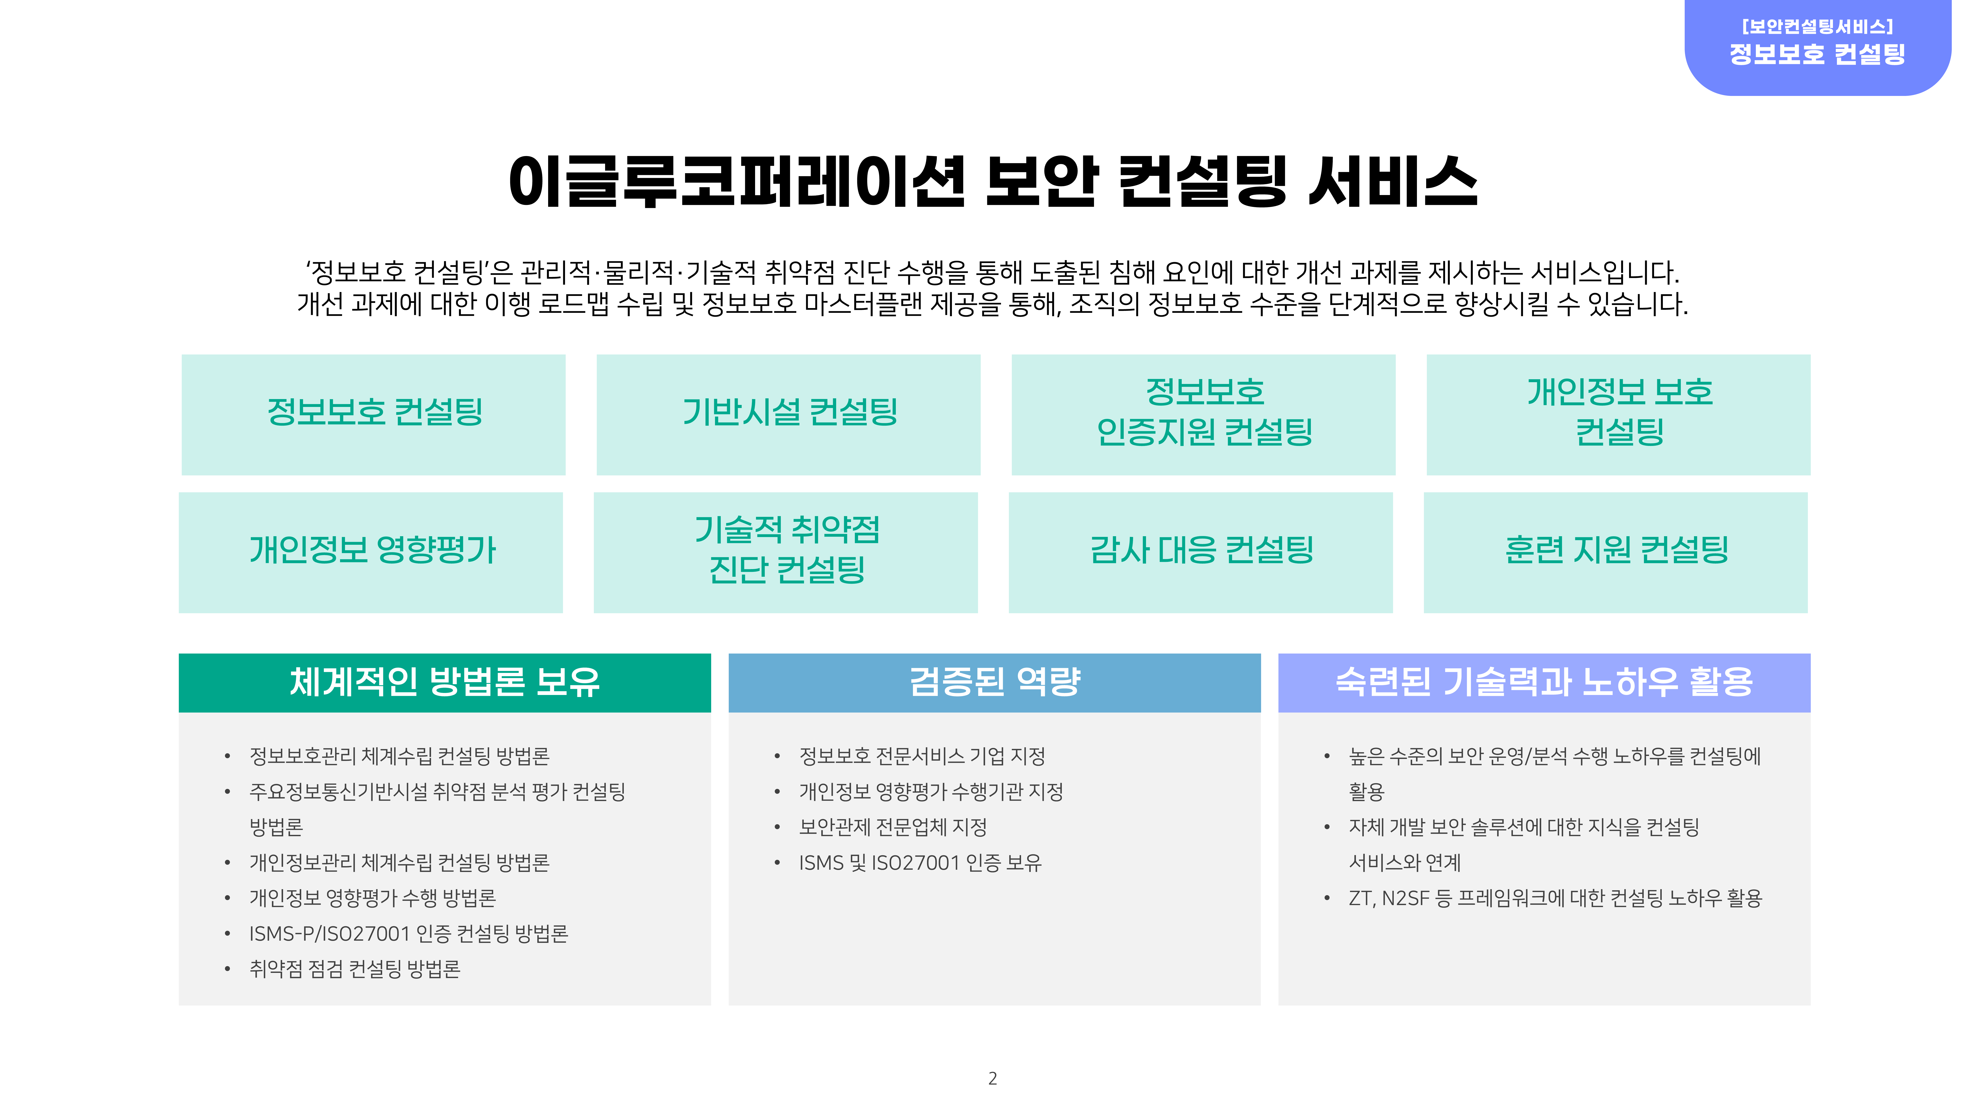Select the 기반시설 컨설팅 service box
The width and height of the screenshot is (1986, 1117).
(x=788, y=415)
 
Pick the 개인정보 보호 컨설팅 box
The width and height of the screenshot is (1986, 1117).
(x=1618, y=415)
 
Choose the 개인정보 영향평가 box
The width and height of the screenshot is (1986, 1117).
(x=371, y=552)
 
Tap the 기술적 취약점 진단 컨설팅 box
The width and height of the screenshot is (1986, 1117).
(x=786, y=552)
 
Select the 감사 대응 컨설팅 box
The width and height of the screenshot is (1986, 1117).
(x=1200, y=552)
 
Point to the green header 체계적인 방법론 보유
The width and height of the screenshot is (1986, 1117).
(x=445, y=682)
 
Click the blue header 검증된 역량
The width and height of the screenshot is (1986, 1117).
(x=994, y=682)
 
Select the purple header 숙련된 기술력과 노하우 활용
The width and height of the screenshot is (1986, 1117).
(x=1544, y=682)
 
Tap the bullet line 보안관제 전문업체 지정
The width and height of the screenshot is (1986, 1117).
(x=893, y=827)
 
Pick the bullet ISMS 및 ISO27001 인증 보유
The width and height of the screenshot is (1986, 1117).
(x=920, y=863)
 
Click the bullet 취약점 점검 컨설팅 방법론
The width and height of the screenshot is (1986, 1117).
(x=355, y=969)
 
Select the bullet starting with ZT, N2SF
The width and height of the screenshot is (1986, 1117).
(x=1555, y=898)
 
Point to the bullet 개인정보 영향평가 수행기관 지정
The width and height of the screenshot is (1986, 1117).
(x=931, y=792)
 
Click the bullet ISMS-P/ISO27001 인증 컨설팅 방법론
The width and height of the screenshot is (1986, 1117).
(x=409, y=933)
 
